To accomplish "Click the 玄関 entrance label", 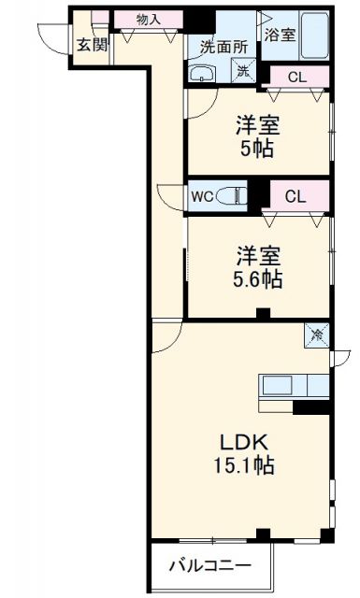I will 91,44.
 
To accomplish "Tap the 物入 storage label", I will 148,18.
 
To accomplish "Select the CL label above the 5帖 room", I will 295,77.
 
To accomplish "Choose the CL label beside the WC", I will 295,196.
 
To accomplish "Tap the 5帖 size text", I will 258,149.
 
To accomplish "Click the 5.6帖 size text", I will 258,278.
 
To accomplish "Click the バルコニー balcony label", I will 209,565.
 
